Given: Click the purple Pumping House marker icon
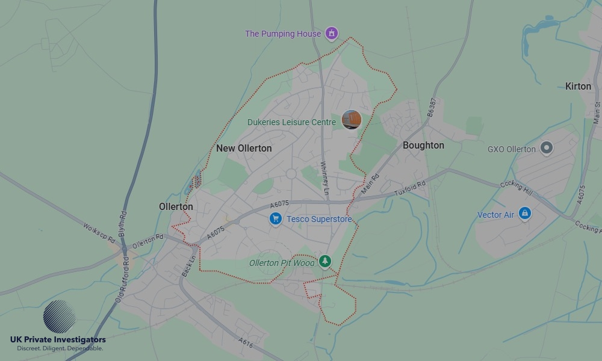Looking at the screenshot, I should [331, 33].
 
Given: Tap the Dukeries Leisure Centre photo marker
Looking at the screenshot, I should [351, 119].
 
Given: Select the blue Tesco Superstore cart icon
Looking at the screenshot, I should [275, 219].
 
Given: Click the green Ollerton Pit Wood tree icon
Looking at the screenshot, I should [325, 261].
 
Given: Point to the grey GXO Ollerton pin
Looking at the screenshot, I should [546, 147].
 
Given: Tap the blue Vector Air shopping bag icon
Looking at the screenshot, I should [525, 214].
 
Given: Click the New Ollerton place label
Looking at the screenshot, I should [244, 148].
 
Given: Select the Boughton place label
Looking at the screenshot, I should [423, 146].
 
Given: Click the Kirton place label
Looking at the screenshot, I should [578, 86].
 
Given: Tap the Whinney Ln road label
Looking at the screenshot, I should [325, 177].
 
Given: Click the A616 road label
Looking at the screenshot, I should [245, 342].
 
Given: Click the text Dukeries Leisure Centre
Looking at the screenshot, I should [291, 122].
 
